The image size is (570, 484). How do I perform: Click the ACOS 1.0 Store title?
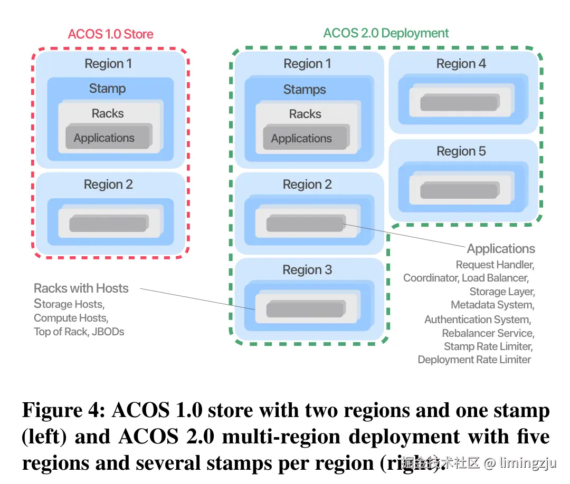[x=110, y=34]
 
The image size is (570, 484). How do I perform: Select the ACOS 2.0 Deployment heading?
[x=386, y=33]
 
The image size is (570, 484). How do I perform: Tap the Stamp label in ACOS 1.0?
[x=107, y=88]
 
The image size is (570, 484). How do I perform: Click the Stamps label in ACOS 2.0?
[x=305, y=89]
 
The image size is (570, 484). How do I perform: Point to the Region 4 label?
[x=461, y=64]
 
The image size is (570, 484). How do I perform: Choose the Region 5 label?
[x=461, y=151]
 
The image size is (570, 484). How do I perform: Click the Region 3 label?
[x=307, y=270]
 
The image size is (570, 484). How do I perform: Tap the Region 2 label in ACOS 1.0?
[x=108, y=185]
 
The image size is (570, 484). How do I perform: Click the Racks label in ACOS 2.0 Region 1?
[x=305, y=114]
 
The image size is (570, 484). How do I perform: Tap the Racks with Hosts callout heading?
[x=81, y=288]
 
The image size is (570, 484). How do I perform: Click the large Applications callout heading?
[x=501, y=249]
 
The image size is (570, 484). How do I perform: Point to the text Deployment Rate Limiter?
[x=474, y=360]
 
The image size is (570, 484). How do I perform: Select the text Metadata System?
[x=492, y=305]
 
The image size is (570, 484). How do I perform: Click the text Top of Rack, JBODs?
[x=79, y=332]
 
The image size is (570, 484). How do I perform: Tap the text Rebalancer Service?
[x=488, y=333]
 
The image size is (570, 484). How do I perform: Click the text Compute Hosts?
[x=71, y=318]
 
